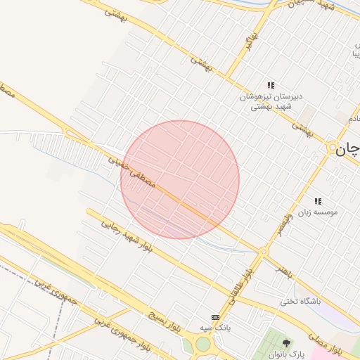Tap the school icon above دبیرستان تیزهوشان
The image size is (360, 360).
click(271, 85)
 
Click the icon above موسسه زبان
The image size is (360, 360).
click(318, 200)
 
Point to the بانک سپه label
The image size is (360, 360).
click(215, 328)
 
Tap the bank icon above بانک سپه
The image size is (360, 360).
click(215, 317)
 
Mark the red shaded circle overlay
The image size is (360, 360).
click(180, 180)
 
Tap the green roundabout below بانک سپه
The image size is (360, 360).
click(202, 344)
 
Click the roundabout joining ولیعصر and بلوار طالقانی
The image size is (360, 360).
click(264, 251)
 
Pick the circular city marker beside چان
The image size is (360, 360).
click(332, 148)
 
